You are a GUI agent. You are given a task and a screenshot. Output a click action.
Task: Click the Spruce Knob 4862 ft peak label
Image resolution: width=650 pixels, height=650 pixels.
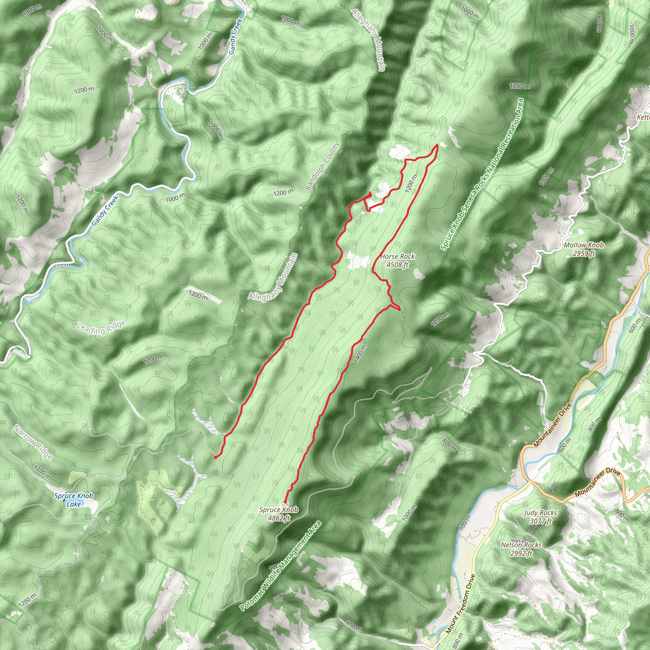pyautogui.click(x=279, y=514)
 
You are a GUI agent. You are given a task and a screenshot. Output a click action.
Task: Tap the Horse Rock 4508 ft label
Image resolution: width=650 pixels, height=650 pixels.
pyautogui.click(x=397, y=260)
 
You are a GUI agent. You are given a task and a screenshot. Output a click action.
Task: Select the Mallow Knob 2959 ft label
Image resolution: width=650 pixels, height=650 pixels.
pyautogui.click(x=584, y=249)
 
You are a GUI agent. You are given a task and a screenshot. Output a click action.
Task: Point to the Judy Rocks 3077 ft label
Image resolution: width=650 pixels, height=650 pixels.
pyautogui.click(x=540, y=517)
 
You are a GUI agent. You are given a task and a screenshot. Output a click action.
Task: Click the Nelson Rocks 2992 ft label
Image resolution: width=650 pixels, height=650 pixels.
pyautogui.click(x=521, y=549)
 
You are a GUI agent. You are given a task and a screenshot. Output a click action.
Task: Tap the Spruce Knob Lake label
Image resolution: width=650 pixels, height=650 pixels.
pyautogui.click(x=74, y=500)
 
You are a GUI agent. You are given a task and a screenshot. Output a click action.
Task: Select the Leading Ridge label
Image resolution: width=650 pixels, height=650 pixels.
pyautogui.click(x=101, y=328)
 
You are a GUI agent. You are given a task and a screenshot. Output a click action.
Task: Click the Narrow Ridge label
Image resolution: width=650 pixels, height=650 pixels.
pyautogui.click(x=33, y=442)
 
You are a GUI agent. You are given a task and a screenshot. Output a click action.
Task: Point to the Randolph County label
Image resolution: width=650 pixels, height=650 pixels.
pyautogui.click(x=322, y=167)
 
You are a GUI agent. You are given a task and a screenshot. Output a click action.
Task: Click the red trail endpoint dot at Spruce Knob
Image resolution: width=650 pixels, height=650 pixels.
pyautogui.click(x=285, y=502)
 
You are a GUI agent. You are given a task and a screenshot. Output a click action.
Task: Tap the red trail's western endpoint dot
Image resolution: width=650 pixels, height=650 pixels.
pyautogui.click(x=215, y=458)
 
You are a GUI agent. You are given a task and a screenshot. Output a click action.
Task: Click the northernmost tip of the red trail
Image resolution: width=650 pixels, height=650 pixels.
pyautogui.click(x=437, y=145)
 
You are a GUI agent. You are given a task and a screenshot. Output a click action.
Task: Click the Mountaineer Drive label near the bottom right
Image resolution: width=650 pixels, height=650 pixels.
pyautogui.click(x=597, y=482)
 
